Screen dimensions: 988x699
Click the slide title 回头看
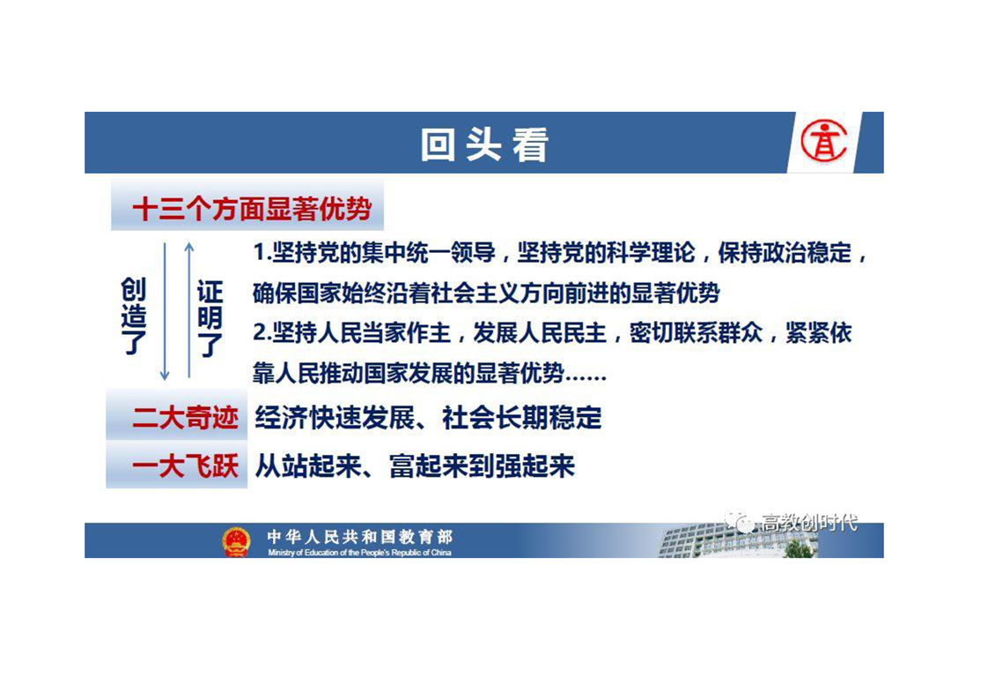484,145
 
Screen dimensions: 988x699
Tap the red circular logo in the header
824,141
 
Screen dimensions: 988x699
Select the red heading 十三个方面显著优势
252,209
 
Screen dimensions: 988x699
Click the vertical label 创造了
134,316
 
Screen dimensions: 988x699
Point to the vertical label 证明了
210,318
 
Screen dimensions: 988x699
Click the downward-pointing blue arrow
165,312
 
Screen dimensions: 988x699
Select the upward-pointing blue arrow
189,310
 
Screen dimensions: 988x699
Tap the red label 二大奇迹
185,418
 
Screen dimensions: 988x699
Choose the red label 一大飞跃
185,466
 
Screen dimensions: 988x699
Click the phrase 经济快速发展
335,418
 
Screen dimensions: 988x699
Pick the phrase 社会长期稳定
521,418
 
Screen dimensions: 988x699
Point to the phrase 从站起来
308,466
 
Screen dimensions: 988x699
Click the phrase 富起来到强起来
482,466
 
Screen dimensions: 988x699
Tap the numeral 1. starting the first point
262,253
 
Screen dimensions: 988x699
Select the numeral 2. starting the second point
262,333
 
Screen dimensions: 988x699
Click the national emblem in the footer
236,541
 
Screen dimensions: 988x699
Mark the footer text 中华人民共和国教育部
360,537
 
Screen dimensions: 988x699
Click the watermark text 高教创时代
809,523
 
